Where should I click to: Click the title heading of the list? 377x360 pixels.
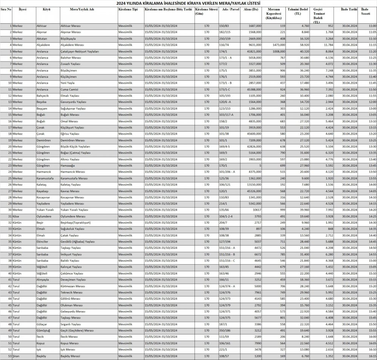[189, 3]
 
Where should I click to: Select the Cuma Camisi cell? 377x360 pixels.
[70, 89]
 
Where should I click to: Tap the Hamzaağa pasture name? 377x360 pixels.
[68, 165]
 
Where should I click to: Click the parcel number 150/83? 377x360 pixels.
[224, 26]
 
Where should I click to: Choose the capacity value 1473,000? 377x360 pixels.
[277, 45]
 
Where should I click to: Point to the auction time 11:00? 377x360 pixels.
[372, 26]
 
